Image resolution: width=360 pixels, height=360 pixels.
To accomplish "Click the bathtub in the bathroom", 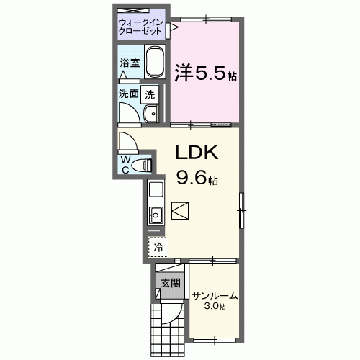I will click(x=156, y=64).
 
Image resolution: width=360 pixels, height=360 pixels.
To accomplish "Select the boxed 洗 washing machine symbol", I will click(x=150, y=93).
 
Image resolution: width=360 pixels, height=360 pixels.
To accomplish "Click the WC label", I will click(x=125, y=163).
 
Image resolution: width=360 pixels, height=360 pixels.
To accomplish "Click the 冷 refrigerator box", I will click(x=158, y=246).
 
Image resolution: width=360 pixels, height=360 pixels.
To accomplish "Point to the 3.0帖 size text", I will click(x=215, y=307).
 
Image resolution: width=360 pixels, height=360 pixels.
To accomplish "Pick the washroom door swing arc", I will click(x=130, y=114).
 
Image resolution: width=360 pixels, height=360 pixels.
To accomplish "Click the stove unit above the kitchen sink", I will click(x=156, y=192).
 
